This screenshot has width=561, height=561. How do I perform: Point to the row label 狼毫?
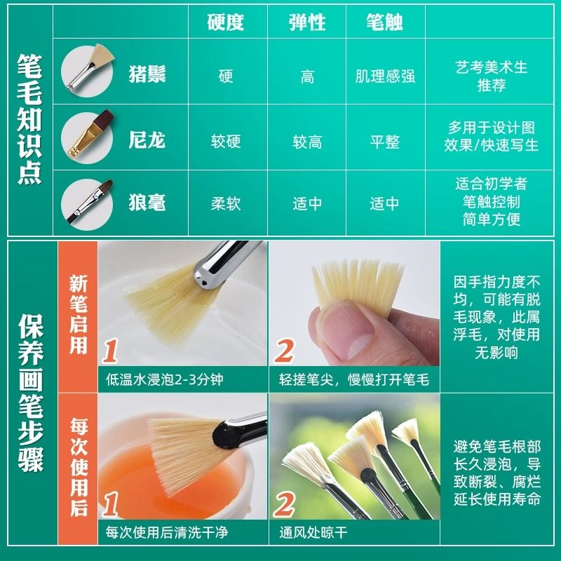pos(147,203)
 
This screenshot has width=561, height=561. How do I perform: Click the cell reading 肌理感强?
pos(385,76)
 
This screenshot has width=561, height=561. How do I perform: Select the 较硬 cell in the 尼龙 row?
pos(226,142)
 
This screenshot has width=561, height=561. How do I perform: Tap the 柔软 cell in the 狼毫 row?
pos(226,204)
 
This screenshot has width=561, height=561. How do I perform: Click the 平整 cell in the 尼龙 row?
pos(385,142)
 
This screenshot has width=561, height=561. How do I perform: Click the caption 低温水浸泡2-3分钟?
pos(163,380)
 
